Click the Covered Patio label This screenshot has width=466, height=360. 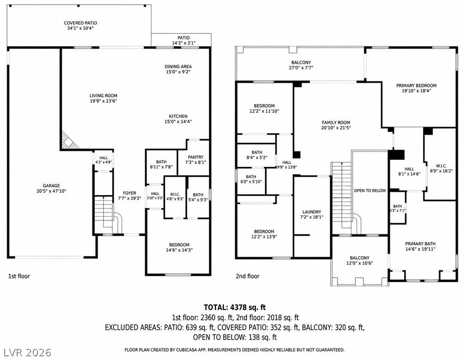click(80, 23)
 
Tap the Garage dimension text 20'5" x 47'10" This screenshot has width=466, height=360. click(51, 191)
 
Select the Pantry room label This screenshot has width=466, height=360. click(196, 157)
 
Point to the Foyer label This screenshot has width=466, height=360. click(129, 193)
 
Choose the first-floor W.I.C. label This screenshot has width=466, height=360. click(175, 194)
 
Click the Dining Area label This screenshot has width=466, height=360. click(178, 67)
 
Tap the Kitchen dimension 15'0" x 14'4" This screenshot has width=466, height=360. click(178, 122)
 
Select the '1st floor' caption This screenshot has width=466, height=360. click(19, 276)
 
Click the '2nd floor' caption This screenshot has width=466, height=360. click(248, 276)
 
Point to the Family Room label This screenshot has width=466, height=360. click(336, 122)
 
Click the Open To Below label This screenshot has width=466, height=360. click(370, 191)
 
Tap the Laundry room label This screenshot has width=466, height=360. click(312, 212)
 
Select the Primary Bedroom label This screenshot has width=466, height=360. click(417, 85)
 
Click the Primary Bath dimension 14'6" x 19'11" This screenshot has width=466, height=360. click(421, 249)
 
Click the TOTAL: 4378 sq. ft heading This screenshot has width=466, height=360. click(235, 307)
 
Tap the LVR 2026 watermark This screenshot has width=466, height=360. click(28, 353)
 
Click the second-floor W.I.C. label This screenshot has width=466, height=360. click(441, 166)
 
